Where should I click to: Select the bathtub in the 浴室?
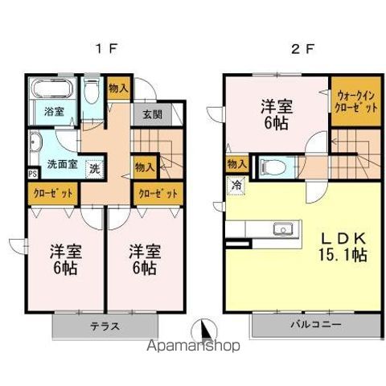pyautogui.click(x=53, y=89)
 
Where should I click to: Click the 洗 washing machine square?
pyautogui.click(x=94, y=169)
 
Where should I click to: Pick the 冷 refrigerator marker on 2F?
pyautogui.click(x=237, y=184)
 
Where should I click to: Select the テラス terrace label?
pyautogui.click(x=105, y=326)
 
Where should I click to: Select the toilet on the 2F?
pyautogui.click(x=271, y=166)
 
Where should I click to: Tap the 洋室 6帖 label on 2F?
pyautogui.click(x=276, y=113)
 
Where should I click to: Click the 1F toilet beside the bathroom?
pyautogui.click(x=91, y=93)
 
